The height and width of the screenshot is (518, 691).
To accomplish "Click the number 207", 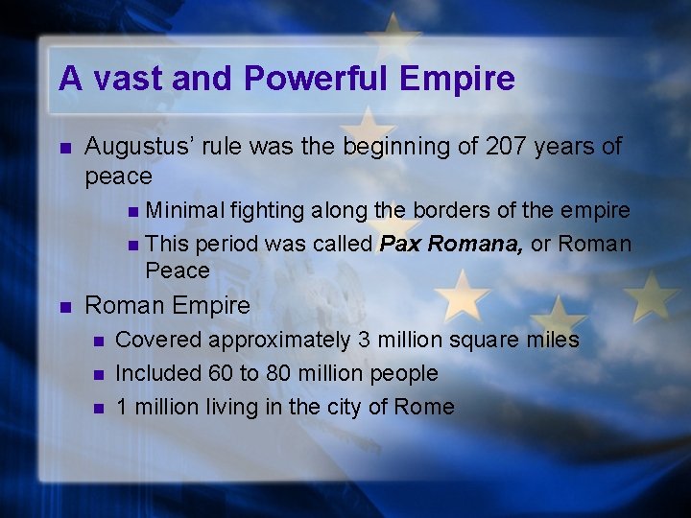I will tap(508, 147).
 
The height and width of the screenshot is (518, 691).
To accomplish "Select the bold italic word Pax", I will tap(399, 244).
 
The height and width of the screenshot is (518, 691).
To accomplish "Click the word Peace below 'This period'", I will tap(178, 271).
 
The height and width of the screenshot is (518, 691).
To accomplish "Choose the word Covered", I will tap(158, 340).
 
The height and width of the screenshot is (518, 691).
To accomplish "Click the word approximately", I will tap(278, 340).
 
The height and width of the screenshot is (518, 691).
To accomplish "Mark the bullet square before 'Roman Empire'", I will tap(64, 307).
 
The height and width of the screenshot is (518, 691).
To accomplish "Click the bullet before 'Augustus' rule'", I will tap(64, 148).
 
